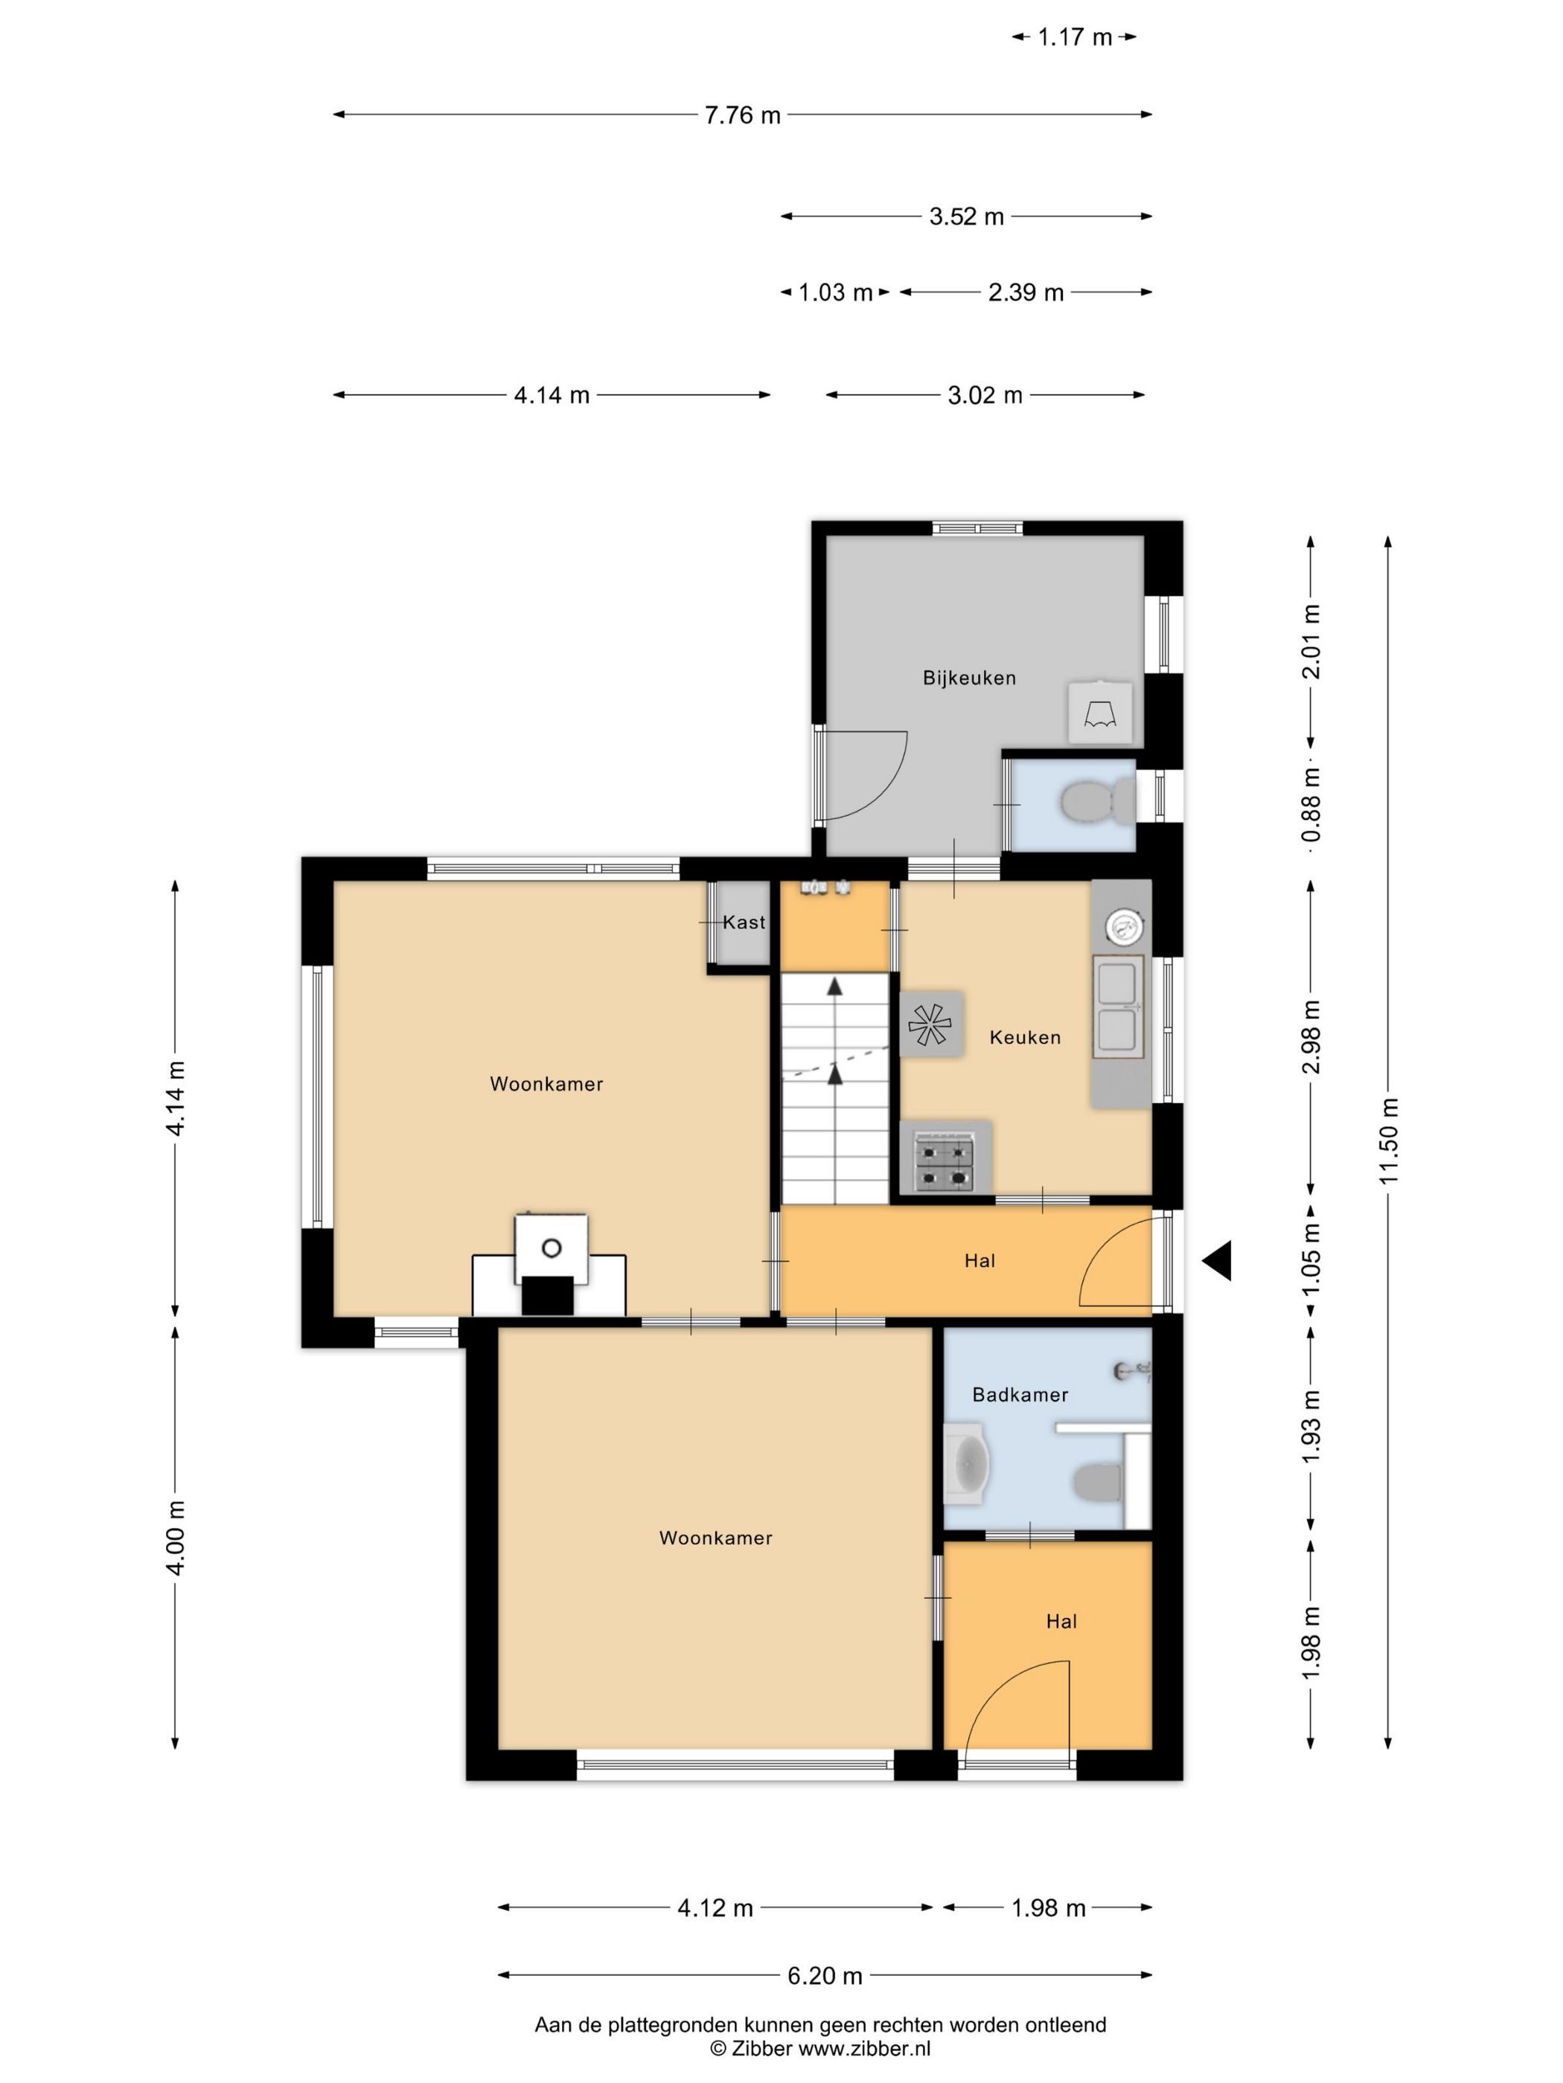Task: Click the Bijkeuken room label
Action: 968,678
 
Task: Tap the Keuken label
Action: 1025,1037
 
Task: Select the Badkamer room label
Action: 1020,1395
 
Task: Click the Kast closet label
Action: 744,922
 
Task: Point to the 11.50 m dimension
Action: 1390,1141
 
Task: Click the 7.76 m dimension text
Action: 742,115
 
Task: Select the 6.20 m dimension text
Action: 825,1974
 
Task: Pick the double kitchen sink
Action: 1119,1007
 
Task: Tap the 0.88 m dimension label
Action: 1311,804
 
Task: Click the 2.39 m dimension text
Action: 1025,293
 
